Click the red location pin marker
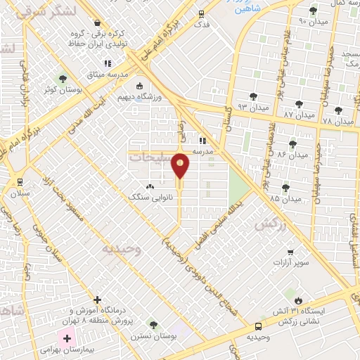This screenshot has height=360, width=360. click(181, 165)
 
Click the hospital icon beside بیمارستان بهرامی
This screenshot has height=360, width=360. click(67, 339)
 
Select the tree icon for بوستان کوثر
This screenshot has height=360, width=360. click(64, 79)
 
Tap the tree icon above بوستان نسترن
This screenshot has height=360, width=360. click(153, 325)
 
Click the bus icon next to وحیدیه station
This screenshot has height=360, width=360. click(259, 326)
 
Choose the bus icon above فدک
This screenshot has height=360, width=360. click(202, 13)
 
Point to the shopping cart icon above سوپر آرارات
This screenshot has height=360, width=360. click(290, 252)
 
